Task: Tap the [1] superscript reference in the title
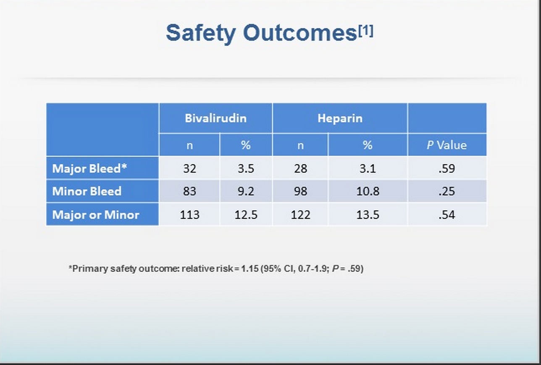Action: click(x=365, y=31)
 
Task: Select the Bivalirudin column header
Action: click(x=215, y=118)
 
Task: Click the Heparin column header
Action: click(x=339, y=118)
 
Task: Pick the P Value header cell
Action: click(x=446, y=145)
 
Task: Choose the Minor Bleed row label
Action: click(x=87, y=192)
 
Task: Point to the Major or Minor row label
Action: click(x=95, y=215)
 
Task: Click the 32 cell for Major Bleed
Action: click(x=189, y=168)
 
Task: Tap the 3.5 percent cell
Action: click(x=246, y=168)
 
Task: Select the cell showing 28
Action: click(x=300, y=168)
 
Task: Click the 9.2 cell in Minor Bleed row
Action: click(x=246, y=192)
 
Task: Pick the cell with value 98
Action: click(x=300, y=192)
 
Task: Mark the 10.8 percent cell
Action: click(x=368, y=192)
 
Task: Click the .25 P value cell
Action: click(x=446, y=192)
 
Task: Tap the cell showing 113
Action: click(x=189, y=215)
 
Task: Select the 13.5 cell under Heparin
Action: click(x=368, y=215)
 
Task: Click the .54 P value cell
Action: click(x=446, y=215)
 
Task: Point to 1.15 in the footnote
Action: click(x=249, y=268)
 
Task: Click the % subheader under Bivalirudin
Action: click(x=246, y=145)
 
